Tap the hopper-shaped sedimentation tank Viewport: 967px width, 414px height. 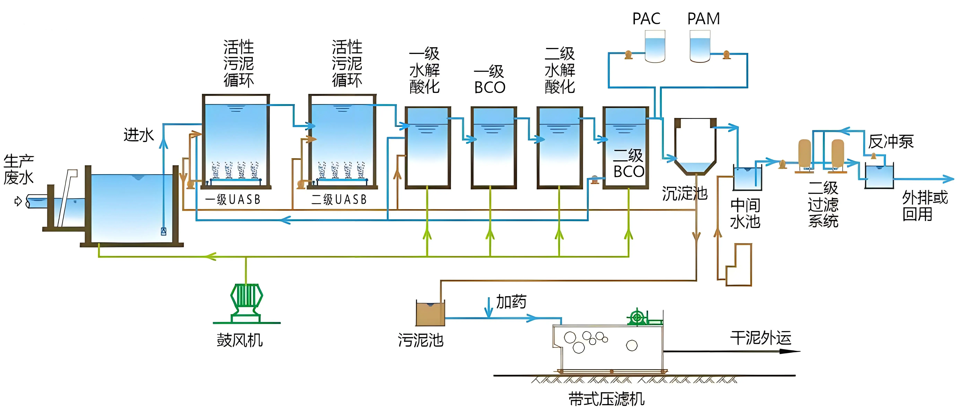[x=695, y=146]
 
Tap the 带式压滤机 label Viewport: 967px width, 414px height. [x=606, y=399]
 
